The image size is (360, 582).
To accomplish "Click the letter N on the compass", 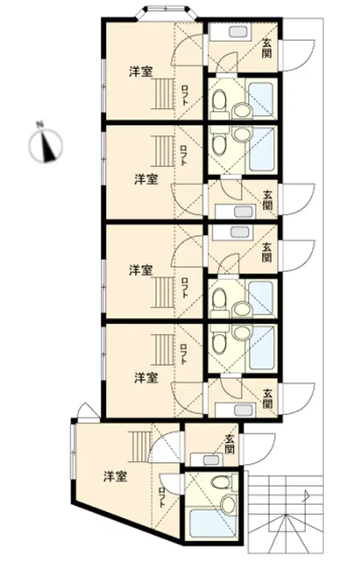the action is pos(38,125).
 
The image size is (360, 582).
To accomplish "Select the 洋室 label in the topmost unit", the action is pos(141,72).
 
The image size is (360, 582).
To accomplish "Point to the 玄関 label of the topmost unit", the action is pos(266,48).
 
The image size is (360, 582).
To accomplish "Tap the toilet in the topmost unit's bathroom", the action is pos(219,100).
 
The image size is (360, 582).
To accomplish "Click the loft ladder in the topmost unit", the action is pos(162,94).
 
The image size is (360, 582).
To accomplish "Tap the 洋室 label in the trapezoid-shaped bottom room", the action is pos(115,477).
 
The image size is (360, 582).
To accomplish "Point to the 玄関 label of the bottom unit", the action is pos(230,445).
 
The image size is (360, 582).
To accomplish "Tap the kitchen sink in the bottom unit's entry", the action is pos(211,460).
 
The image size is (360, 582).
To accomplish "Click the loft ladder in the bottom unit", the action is pos(140,446).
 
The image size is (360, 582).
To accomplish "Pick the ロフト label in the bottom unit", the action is pos(162,498).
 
